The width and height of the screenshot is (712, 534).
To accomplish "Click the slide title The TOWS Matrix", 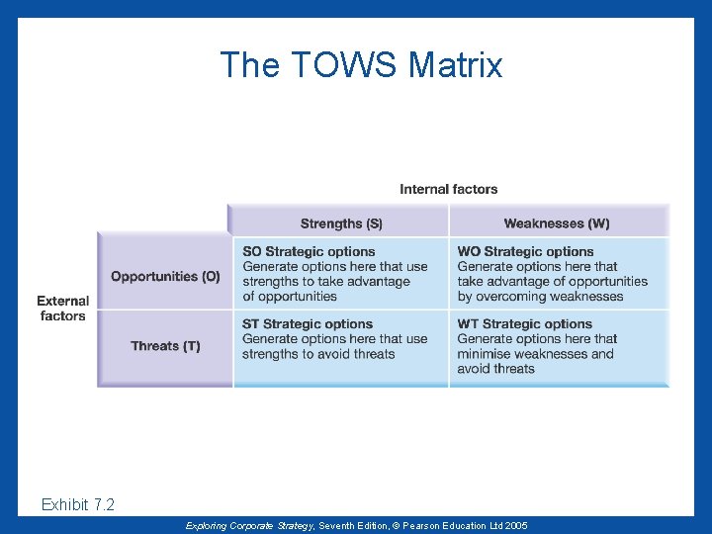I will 361,65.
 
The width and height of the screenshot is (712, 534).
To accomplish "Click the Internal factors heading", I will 448,189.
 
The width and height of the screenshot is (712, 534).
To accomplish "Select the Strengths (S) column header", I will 341,223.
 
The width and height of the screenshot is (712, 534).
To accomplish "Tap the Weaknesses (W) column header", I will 557,223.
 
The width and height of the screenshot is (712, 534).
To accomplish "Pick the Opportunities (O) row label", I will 165,277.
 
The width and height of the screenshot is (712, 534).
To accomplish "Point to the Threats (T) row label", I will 165,346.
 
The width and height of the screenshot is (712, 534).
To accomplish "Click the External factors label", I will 63,309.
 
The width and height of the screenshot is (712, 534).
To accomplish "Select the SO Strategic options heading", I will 309,252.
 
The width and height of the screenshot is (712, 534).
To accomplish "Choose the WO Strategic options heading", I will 525,252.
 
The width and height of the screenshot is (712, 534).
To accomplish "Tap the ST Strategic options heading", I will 308,324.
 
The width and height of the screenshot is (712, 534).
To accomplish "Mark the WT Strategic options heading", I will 525,324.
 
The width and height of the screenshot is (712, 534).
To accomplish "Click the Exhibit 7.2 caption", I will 78,505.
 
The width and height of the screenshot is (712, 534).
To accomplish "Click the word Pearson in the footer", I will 421,526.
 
